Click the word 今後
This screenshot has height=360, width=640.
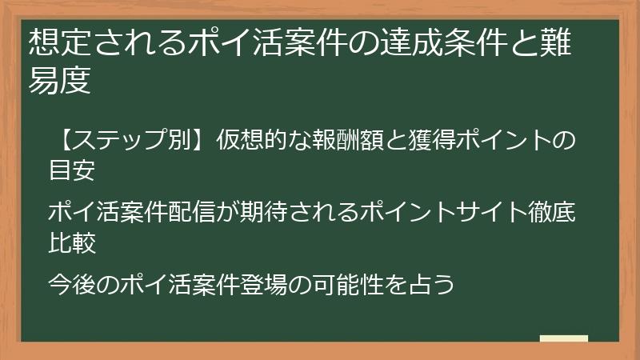click(x=73, y=285)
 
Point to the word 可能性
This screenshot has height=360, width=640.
click(x=358, y=285)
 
